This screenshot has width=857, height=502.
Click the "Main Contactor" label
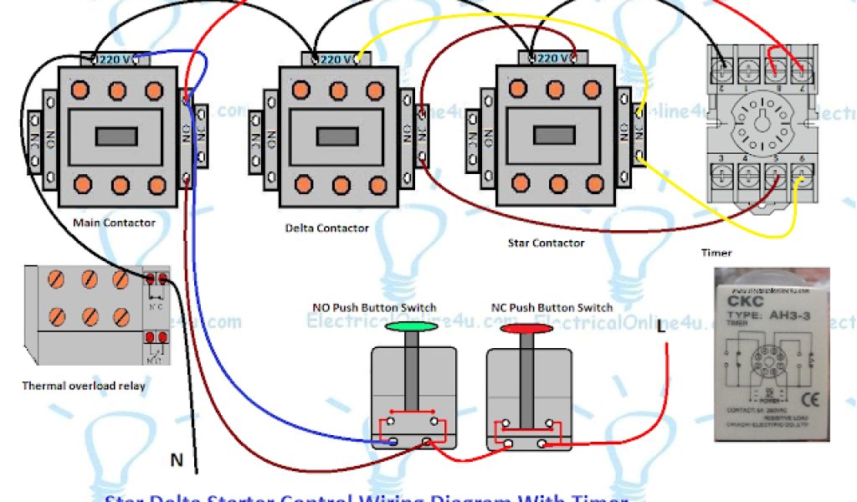(114, 223)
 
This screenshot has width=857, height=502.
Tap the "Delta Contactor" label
(326, 228)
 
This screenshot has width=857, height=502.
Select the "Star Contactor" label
(546, 243)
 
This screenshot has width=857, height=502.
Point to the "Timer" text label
(716, 252)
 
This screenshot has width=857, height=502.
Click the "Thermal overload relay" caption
(84, 386)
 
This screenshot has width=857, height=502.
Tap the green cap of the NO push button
(411, 325)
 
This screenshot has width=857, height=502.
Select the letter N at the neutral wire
(177, 459)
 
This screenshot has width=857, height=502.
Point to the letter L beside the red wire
(661, 325)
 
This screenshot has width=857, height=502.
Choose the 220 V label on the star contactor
(552, 59)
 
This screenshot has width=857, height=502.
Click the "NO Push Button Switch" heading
(374, 308)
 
